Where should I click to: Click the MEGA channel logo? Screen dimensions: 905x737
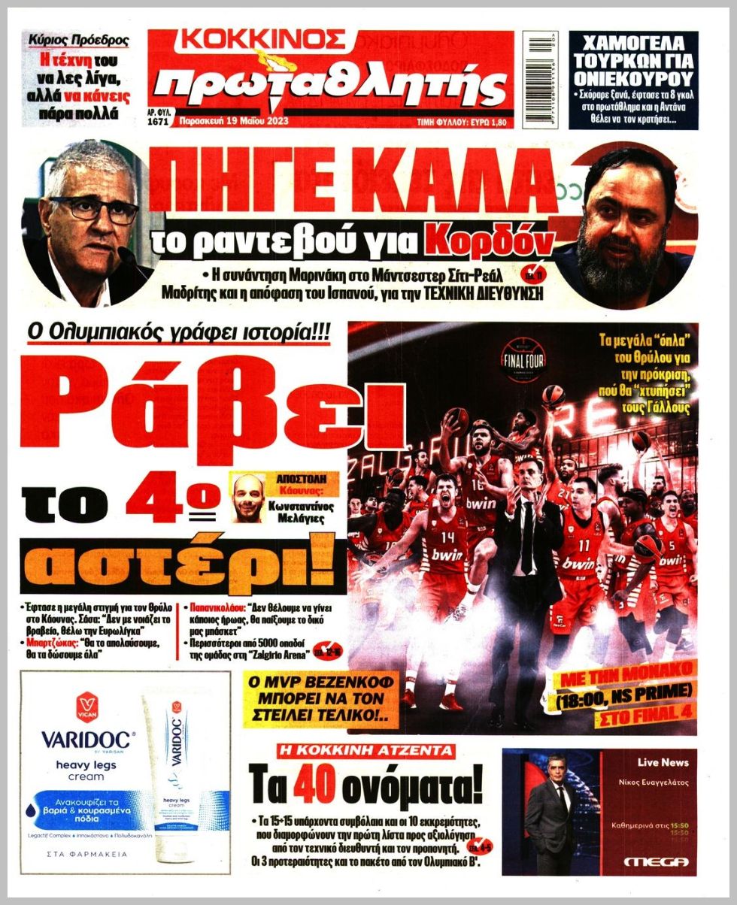click(x=650, y=861)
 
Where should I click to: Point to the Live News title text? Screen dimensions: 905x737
click(x=663, y=762)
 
